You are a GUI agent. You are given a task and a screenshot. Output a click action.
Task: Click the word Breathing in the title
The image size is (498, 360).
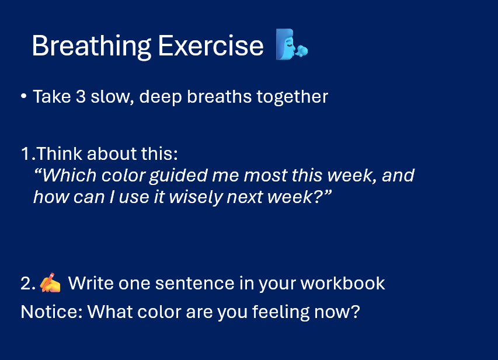pyautogui.click(x=92, y=46)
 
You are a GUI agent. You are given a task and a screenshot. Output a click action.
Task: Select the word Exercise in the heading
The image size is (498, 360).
pyautogui.click(x=211, y=46)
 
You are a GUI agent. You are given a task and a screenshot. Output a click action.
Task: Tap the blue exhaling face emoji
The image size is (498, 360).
pyautogui.click(x=291, y=44)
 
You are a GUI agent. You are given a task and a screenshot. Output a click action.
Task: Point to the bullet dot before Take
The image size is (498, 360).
pyautogui.click(x=23, y=96)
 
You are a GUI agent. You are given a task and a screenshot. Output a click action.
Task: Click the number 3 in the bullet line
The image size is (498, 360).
pyautogui.click(x=81, y=96)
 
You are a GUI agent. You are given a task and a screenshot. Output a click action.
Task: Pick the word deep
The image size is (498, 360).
pyautogui.click(x=161, y=97)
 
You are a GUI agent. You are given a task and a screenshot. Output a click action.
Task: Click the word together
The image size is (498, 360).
pyautogui.click(x=292, y=97)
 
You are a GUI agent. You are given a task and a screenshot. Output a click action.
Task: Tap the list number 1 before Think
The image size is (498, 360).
pyautogui.click(x=25, y=153)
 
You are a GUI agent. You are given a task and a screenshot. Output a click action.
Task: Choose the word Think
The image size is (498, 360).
pyautogui.click(x=60, y=153)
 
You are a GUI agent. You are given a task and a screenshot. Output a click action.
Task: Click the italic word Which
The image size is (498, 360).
pyautogui.click(x=69, y=175)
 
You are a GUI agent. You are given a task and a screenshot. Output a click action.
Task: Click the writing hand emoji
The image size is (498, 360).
pyautogui.click(x=50, y=282)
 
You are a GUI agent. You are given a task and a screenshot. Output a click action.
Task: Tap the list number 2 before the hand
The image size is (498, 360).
pyautogui.click(x=26, y=283)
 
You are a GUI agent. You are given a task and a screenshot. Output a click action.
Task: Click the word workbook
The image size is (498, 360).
pyautogui.click(x=343, y=283)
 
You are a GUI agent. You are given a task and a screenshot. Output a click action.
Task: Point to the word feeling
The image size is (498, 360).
pyautogui.click(x=280, y=312)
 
